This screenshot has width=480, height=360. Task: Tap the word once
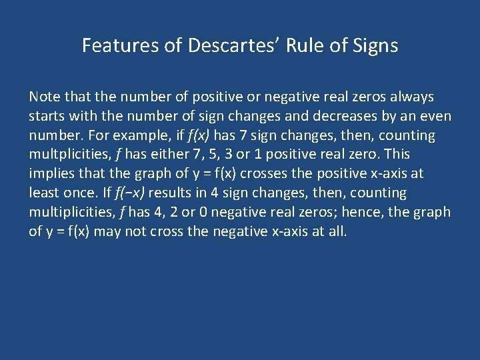pyautogui.click(x=74, y=193)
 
